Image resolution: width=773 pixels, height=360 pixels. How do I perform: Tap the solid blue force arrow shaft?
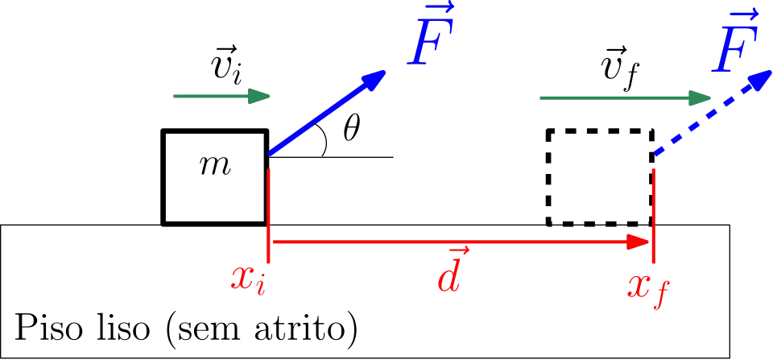click(x=318, y=117)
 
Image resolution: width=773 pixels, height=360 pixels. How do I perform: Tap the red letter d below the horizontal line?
click(x=449, y=278)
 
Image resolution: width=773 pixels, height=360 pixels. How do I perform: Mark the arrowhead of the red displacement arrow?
click(x=639, y=242)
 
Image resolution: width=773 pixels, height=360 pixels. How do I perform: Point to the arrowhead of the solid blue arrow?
click(x=374, y=79)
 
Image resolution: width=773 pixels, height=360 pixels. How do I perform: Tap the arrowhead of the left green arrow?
click(x=258, y=97)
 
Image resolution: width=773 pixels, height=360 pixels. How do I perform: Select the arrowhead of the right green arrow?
click(x=704, y=97)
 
